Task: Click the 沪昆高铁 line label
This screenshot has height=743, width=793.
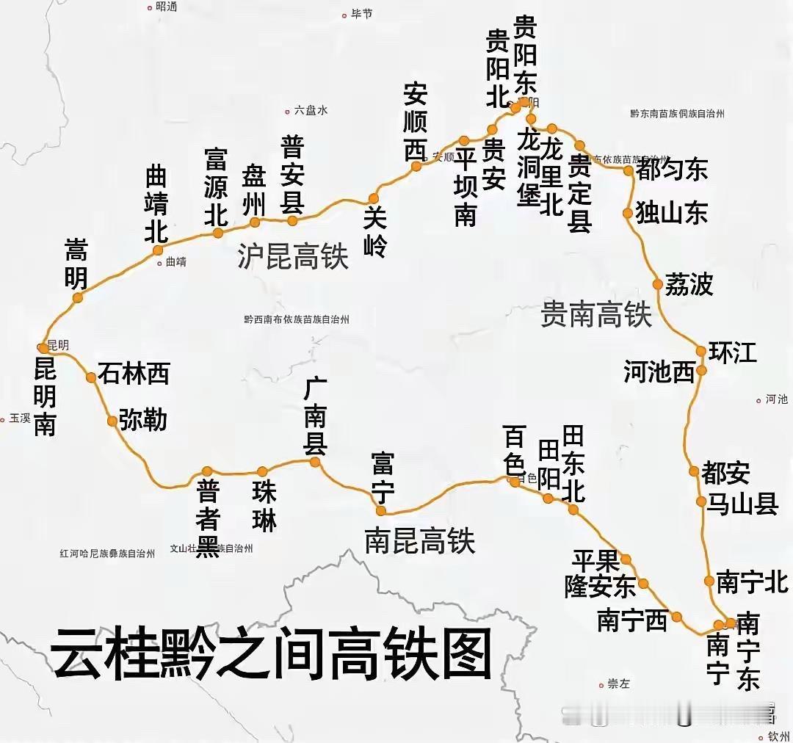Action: [293, 257]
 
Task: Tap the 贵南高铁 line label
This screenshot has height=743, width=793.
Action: [596, 315]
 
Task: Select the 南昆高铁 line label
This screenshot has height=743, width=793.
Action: [419, 541]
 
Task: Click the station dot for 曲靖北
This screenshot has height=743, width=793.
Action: [158, 250]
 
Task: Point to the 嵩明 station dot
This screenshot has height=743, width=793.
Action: [78, 297]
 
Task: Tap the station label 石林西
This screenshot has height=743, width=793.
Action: [134, 374]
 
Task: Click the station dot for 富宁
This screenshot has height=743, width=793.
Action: [380, 510]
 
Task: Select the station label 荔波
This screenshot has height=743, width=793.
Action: [689, 284]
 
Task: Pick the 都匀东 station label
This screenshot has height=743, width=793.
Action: [672, 170]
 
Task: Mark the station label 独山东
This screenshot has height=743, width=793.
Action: [672, 213]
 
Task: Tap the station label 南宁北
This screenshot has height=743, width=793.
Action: [752, 582]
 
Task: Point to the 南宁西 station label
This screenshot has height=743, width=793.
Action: [632, 621]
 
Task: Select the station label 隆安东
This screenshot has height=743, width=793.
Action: [600, 586]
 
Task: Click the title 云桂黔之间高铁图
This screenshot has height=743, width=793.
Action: [271, 654]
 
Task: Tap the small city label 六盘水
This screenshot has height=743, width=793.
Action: [311, 111]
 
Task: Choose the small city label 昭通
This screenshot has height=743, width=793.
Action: [167, 7]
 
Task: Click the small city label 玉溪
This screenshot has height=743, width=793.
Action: [20, 418]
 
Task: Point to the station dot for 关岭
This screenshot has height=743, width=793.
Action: [374, 198]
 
